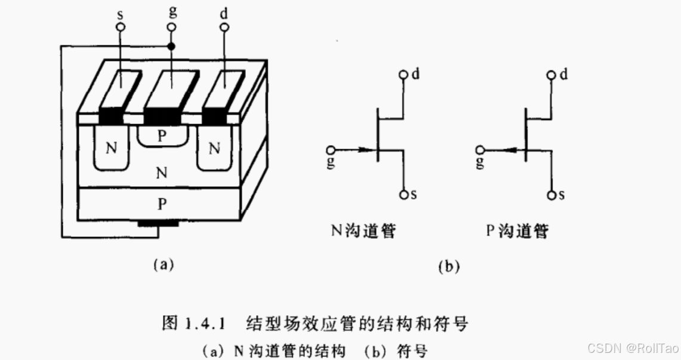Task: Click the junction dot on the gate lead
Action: [172, 47]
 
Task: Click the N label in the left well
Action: [112, 147]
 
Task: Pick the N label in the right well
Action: [214, 147]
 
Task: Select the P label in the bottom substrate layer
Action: [161, 204]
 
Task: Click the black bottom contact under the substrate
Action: [158, 224]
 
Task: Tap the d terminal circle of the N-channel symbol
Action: [404, 75]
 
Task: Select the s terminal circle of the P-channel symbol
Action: [552, 195]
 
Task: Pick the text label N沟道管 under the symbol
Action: [363, 230]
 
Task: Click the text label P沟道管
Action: [516, 230]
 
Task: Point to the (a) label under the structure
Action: [163, 263]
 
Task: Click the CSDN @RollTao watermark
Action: [633, 347]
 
